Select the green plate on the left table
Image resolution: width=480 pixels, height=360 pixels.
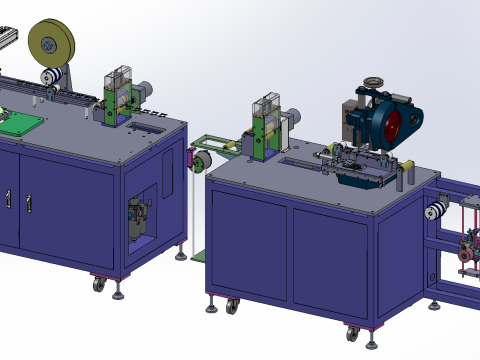[20, 125]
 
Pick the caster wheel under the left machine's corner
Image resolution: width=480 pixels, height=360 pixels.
[100, 284]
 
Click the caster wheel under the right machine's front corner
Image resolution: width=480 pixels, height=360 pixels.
[353, 334]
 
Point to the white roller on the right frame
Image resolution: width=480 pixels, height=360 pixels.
[435, 210]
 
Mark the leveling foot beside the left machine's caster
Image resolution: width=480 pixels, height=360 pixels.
[120, 293]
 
